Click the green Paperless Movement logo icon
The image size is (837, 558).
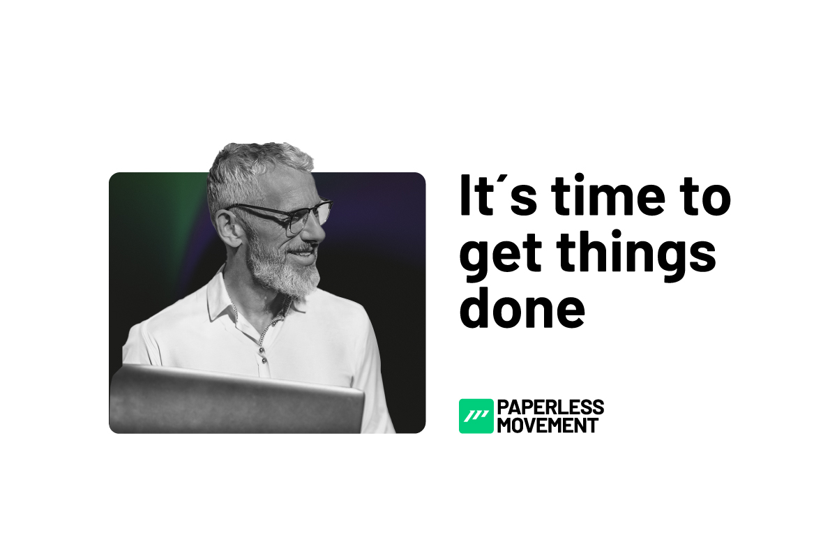476,416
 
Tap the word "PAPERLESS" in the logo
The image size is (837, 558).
551,407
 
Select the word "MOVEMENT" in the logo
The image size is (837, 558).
548,425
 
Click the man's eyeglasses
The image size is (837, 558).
293,216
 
